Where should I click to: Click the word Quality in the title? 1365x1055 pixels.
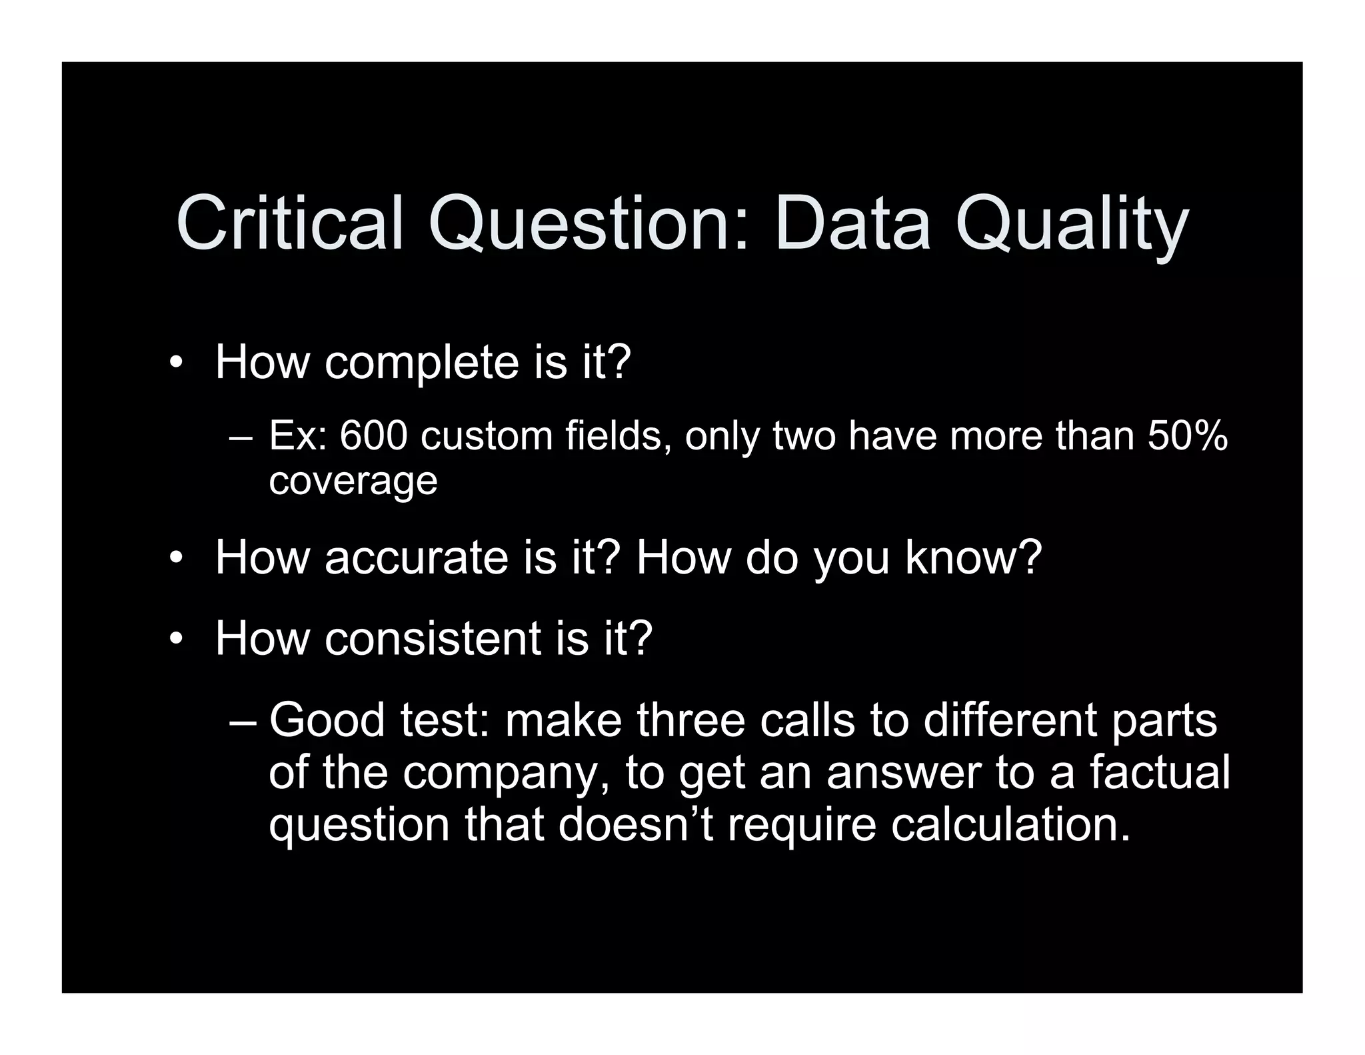point(1072,225)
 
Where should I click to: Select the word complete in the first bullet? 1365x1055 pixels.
point(421,363)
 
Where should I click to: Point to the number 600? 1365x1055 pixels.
point(373,436)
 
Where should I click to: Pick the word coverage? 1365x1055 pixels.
point(353,481)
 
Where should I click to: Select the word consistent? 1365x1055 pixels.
point(433,638)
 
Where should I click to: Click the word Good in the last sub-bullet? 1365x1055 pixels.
point(327,720)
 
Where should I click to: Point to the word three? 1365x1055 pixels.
point(690,720)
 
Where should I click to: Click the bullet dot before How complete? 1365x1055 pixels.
point(175,364)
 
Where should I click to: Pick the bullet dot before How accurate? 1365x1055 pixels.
point(175,558)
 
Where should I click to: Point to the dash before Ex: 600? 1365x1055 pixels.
point(240,439)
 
